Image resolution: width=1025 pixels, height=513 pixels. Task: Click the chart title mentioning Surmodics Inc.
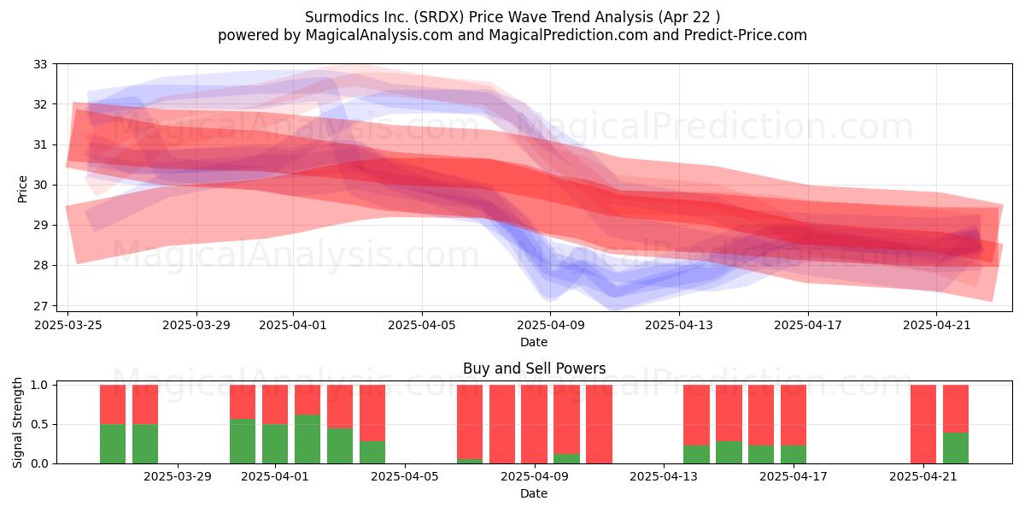[512, 17]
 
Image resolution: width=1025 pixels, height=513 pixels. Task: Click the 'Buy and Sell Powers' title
[534, 369]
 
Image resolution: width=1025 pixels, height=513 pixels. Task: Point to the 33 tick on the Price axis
[40, 64]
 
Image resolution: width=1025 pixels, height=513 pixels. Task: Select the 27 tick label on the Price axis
[40, 305]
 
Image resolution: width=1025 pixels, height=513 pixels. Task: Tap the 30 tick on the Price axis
[40, 185]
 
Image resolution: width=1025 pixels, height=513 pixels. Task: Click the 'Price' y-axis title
[22, 189]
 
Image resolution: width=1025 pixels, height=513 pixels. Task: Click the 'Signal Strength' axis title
[17, 422]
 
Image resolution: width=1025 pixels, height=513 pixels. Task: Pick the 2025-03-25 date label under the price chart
[68, 325]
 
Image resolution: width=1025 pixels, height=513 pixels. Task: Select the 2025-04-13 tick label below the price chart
[679, 325]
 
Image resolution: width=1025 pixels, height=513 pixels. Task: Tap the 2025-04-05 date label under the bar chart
[405, 476]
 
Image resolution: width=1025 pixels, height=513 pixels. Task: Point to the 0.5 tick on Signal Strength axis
[39, 424]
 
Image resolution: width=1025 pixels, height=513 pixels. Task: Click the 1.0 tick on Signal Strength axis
[39, 385]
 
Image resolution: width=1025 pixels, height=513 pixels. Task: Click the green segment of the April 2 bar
[307, 439]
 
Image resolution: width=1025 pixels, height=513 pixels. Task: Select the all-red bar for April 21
[923, 424]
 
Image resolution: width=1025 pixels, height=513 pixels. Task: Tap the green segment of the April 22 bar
[956, 448]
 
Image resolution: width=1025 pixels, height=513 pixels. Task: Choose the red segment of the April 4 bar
[372, 413]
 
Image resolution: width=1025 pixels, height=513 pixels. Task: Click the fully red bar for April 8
[502, 424]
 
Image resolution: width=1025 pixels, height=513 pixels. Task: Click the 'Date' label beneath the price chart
[534, 342]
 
